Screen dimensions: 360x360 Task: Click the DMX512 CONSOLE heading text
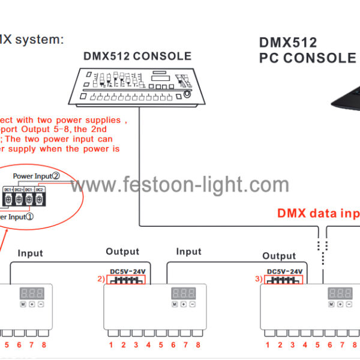pos(137,56)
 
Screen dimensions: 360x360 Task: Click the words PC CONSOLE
pos(308,58)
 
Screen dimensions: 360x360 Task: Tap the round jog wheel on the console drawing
pos(188,95)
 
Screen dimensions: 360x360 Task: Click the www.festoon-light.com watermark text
pos(180,184)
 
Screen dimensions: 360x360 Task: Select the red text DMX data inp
pos(318,213)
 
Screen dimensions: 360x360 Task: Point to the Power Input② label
pos(37,176)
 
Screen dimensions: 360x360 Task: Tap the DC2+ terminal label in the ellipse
pos(19,190)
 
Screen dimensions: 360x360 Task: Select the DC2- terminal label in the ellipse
pos(40,190)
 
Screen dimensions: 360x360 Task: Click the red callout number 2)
pos(100,278)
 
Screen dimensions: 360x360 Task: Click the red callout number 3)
pos(258,278)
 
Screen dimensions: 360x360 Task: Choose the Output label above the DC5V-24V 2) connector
pos(122,252)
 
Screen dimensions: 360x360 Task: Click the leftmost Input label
pos(30,253)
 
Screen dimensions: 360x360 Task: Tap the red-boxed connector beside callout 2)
pos(125,280)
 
